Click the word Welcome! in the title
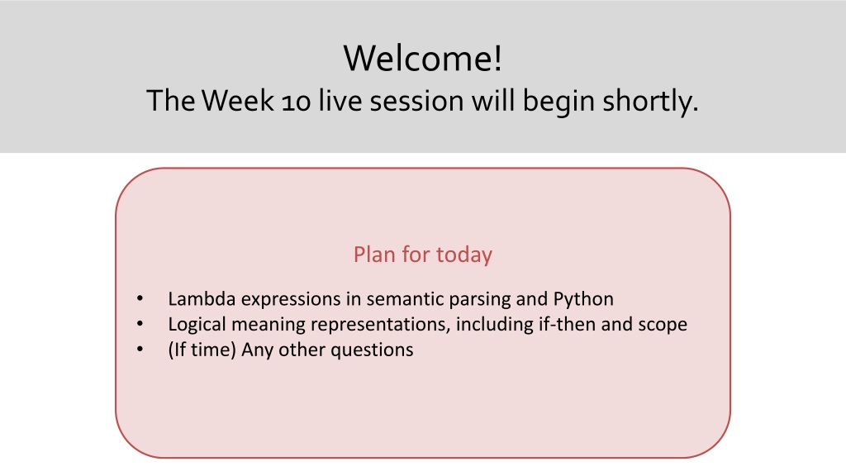click(x=423, y=58)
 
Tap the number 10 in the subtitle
click(x=297, y=102)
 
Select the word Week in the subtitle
click(x=239, y=100)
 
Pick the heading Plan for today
click(x=423, y=255)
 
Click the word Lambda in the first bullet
click(x=202, y=299)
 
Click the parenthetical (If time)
click(x=202, y=350)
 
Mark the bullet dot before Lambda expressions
click(x=140, y=298)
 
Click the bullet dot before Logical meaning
click(x=140, y=324)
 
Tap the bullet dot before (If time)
click(x=140, y=350)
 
